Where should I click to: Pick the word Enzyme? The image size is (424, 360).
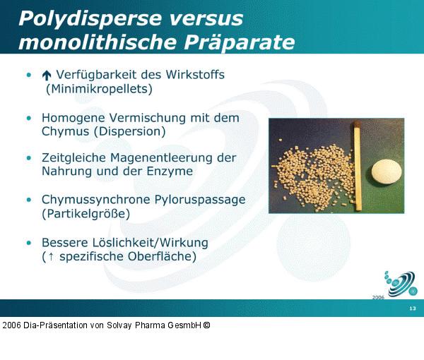coord(172,172)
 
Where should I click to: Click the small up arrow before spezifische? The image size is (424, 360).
coord(49,257)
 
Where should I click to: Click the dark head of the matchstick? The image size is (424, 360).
coord(358,126)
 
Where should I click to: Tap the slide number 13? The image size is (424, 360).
coord(412,309)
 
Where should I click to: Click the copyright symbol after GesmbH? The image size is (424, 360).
coord(207,325)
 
